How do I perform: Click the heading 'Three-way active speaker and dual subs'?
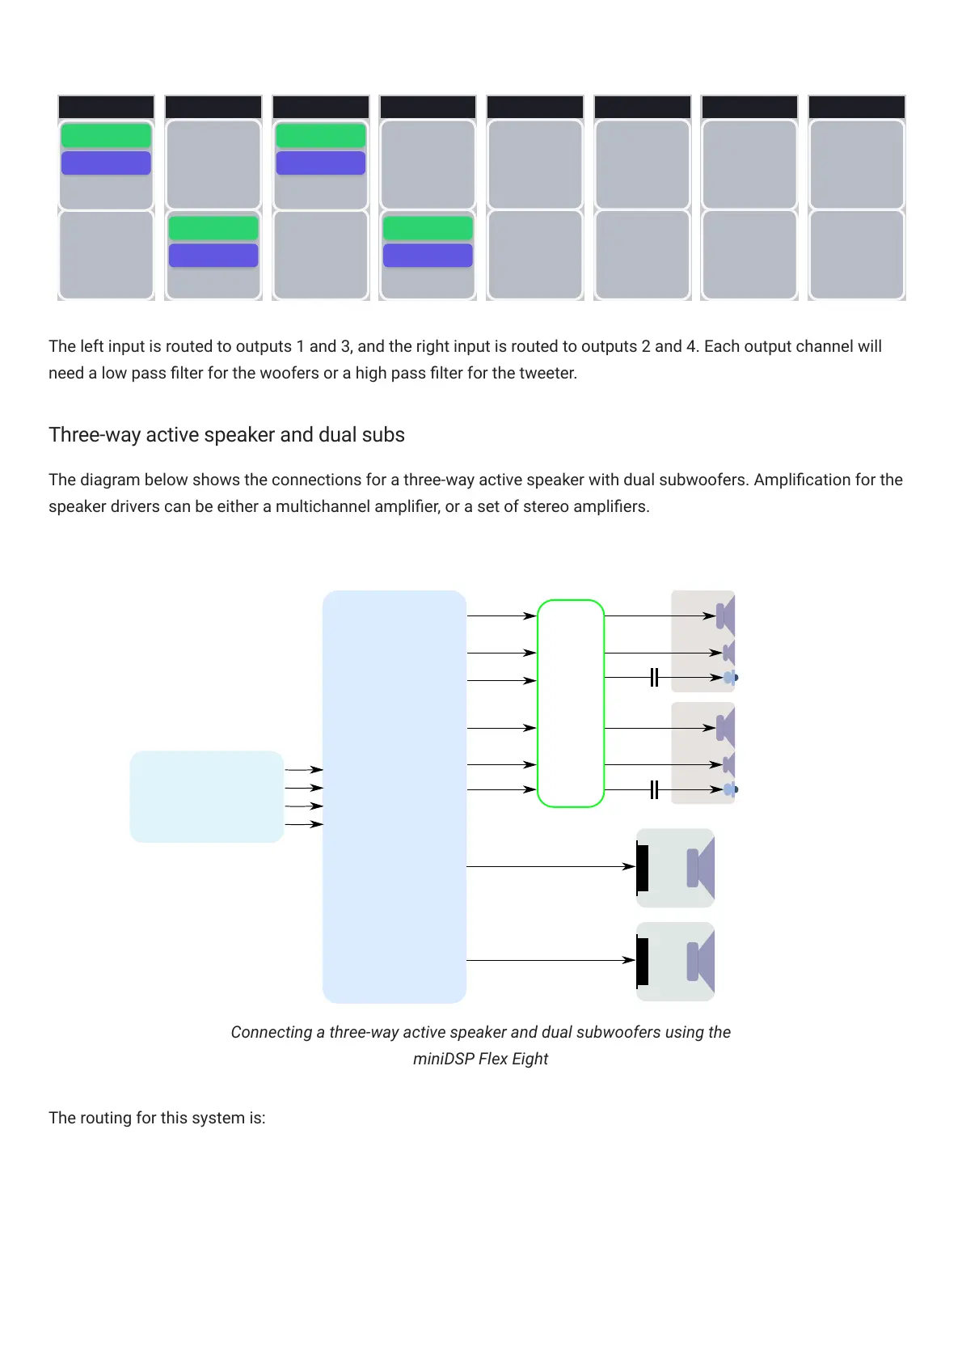(226, 435)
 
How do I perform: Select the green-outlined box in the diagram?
(571, 703)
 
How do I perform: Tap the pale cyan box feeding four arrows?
(206, 797)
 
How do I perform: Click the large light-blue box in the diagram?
(395, 797)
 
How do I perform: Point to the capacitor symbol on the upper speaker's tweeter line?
(654, 678)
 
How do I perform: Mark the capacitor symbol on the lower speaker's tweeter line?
(654, 789)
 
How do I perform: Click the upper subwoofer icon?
(676, 868)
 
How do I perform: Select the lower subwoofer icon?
(676, 962)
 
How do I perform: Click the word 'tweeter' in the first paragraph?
(548, 374)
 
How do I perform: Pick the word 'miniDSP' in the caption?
(443, 1060)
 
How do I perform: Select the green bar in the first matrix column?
(106, 135)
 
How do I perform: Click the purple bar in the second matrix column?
(213, 256)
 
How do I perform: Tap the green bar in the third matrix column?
(321, 135)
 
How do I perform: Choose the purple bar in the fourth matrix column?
(428, 256)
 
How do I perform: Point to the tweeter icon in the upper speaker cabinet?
(730, 678)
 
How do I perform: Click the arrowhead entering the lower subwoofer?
(629, 960)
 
